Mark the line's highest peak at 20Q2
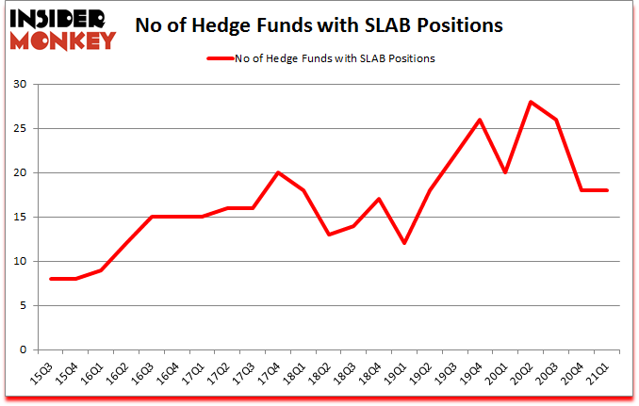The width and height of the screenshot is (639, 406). [x=532, y=102]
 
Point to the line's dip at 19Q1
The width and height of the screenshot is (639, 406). [x=404, y=243]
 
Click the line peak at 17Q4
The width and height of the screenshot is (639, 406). [x=277, y=172]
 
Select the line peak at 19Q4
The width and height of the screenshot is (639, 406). [x=481, y=120]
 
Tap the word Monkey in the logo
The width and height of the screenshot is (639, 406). [x=63, y=40]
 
